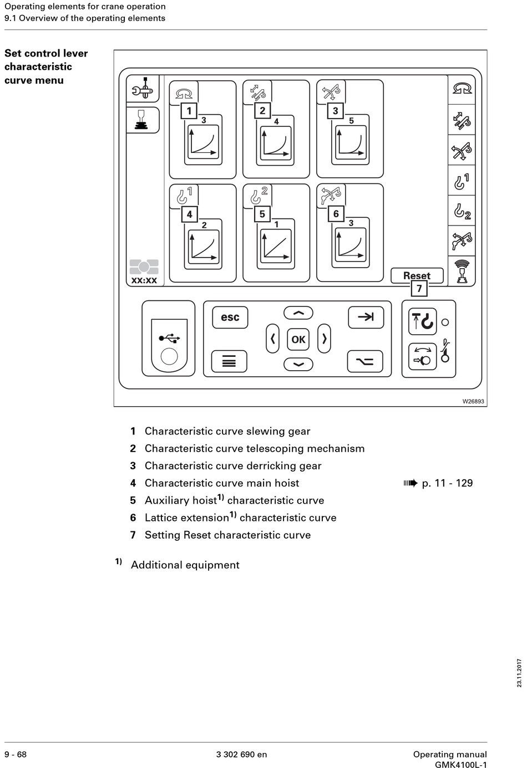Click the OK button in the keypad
coord(298,339)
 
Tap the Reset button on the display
coord(417,275)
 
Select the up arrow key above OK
coord(298,313)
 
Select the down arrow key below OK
coord(298,364)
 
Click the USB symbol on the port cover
coord(169,339)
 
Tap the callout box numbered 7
coord(419,288)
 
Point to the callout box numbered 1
coord(189,111)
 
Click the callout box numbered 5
coord(262,214)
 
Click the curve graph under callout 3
coord(351,142)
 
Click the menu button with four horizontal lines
coord(229,361)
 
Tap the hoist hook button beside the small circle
coord(422,321)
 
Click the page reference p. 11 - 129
coord(447,483)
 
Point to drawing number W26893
coord(473,401)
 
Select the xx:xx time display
coord(144,280)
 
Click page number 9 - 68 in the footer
coord(16,754)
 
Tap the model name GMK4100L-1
coord(461,764)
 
